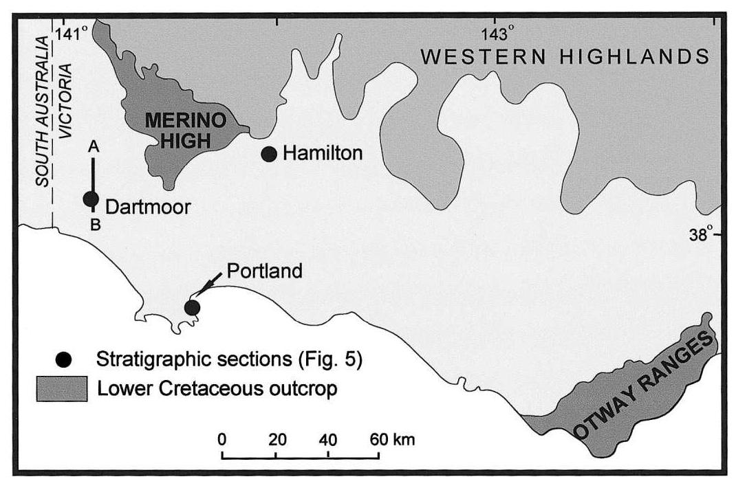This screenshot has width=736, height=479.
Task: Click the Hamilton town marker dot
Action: click(x=269, y=154)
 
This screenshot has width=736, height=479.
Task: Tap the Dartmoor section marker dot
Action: click(x=91, y=199)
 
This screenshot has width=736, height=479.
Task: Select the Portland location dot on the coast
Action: click(x=193, y=307)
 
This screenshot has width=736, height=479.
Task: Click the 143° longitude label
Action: click(x=497, y=34)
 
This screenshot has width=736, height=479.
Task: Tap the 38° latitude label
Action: click(x=700, y=234)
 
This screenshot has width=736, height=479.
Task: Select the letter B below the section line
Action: click(x=95, y=224)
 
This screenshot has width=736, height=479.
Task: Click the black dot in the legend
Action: click(x=64, y=359)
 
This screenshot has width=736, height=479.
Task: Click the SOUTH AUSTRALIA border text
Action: click(x=43, y=113)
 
